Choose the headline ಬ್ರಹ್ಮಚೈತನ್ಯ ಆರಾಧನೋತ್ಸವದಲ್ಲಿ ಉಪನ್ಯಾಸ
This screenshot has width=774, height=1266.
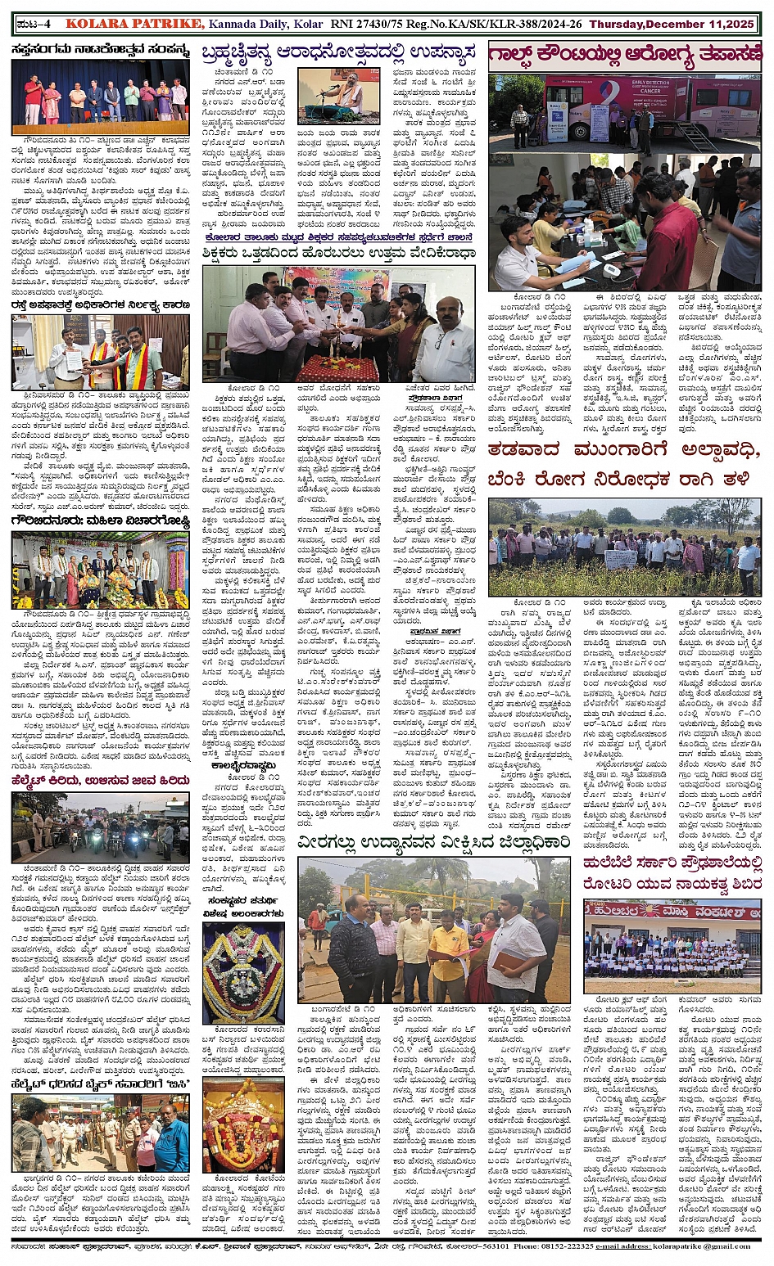tap(340, 54)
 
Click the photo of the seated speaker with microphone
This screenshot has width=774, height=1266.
tap(338, 96)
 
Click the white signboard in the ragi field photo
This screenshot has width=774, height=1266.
tap(621, 560)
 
